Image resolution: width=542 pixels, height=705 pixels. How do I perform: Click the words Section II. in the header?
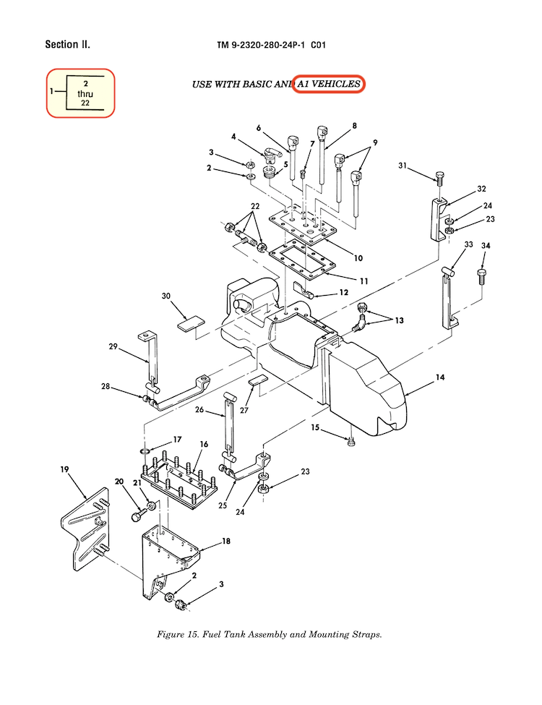pos(67,45)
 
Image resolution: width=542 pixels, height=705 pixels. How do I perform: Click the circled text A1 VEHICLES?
pos(329,84)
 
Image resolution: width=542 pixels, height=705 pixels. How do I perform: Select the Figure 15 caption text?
pos(269,635)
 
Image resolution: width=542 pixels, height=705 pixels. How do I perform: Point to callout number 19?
pos(64,471)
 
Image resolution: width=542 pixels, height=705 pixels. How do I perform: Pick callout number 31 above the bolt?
pos(403,167)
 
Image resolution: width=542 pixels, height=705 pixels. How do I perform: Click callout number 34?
pos(486,247)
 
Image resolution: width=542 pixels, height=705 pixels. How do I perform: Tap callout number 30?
pos(165,296)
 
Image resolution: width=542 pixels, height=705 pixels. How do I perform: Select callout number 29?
pos(113,347)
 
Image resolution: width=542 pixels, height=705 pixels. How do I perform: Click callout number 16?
pos(205,444)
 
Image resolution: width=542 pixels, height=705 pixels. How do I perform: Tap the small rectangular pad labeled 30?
pos(192,322)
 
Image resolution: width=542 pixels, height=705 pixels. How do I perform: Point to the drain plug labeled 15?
pos(351,442)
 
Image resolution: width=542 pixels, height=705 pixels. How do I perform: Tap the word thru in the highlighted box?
pos(85,94)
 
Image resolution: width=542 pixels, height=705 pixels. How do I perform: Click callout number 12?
pos(343,293)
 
